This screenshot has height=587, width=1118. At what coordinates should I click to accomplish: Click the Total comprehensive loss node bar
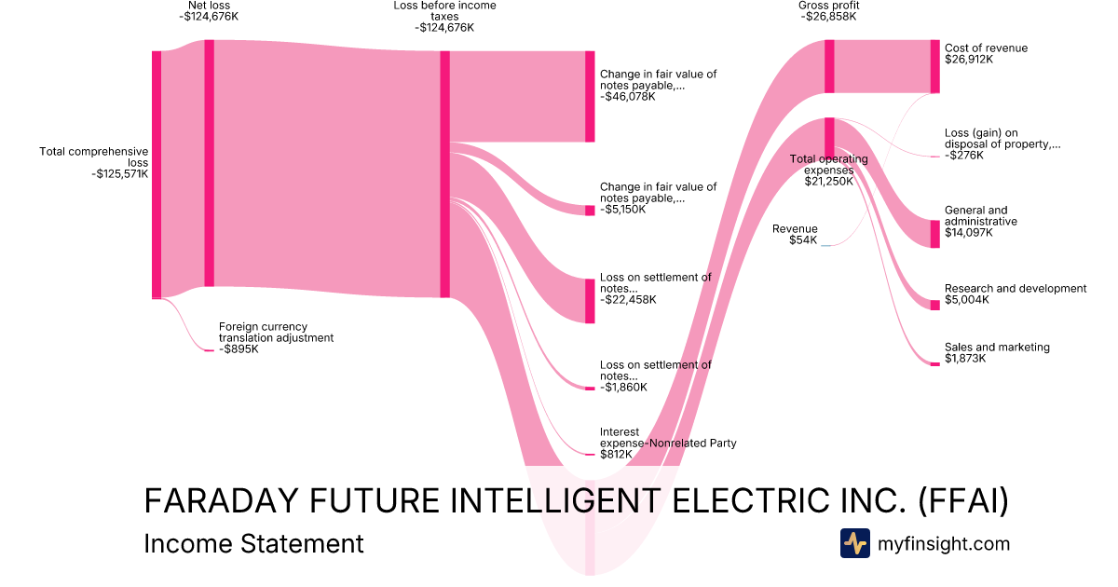point(157,174)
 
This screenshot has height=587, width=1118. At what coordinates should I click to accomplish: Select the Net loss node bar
point(209,163)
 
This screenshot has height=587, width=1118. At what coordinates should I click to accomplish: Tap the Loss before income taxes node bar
point(444,174)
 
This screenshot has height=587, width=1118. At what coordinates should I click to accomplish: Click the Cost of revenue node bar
point(934,66)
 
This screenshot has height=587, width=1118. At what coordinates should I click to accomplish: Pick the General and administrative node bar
point(934,234)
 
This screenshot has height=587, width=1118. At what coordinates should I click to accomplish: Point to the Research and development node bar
point(934,305)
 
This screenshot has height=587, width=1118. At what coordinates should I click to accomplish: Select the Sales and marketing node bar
point(934,363)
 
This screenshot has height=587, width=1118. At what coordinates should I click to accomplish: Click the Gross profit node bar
point(828,66)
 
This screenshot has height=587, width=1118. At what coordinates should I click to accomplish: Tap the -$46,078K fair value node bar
point(589,97)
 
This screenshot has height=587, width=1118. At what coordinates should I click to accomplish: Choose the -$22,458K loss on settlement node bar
point(589,301)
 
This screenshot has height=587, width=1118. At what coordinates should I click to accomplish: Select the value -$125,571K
point(120,173)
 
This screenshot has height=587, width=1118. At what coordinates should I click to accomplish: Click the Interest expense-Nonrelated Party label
point(667,437)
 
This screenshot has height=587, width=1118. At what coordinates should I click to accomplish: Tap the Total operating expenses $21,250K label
point(828,170)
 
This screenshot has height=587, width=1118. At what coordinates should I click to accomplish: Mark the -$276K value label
point(965,156)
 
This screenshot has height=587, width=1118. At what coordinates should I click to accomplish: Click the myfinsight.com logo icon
point(854,543)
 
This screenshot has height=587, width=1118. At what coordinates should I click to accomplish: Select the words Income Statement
point(253,543)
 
